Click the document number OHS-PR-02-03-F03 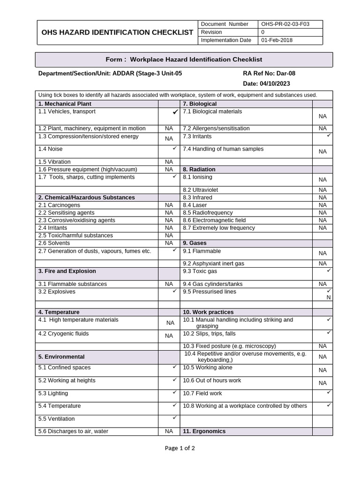(285, 24)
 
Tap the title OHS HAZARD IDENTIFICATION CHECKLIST (117, 32)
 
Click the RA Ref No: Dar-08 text (269, 73)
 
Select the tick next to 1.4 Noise (174, 148)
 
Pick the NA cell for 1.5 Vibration (169, 162)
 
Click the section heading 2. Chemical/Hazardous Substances (87, 197)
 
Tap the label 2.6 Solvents (54, 243)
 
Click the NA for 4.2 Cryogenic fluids (170, 336)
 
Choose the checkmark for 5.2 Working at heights (174, 379)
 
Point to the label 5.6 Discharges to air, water (74, 431)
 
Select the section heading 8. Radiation (199, 169)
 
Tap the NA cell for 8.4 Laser (322, 205)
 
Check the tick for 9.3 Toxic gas (329, 270)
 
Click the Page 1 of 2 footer (180, 448)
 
